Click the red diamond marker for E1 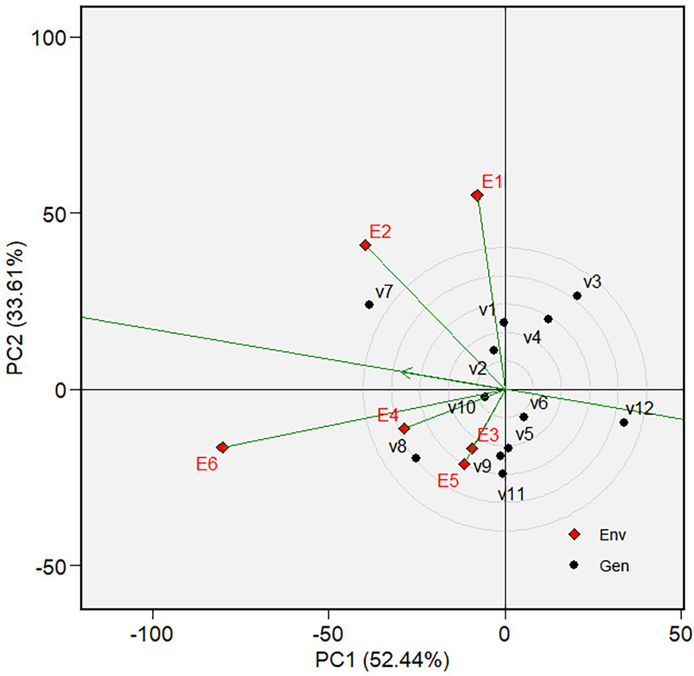(x=477, y=196)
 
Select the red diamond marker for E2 (x=365, y=245)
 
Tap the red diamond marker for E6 (x=222, y=448)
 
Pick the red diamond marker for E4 (x=404, y=429)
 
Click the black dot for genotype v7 (x=369, y=304)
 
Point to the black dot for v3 (x=577, y=295)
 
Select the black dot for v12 (x=623, y=422)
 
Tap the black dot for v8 (x=415, y=458)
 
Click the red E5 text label (x=448, y=481)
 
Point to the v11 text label (x=511, y=495)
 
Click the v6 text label (x=539, y=403)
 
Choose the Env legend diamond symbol (x=574, y=534)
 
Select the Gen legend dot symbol (x=574, y=565)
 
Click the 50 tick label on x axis (x=680, y=634)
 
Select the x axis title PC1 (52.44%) (x=382, y=660)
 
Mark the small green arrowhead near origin (x=405, y=372)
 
